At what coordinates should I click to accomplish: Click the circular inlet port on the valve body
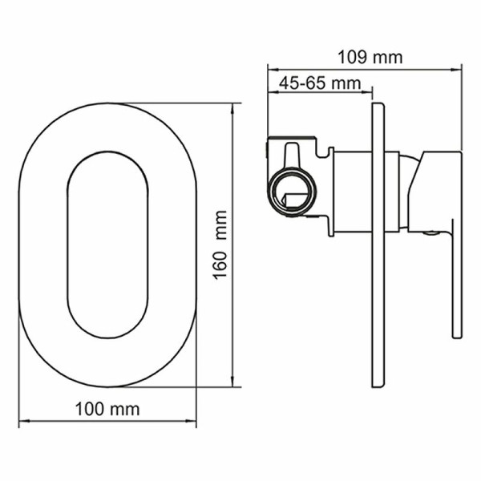tap(290, 193)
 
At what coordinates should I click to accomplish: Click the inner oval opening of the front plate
tap(107, 244)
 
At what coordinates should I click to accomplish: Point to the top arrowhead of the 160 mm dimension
tap(233, 106)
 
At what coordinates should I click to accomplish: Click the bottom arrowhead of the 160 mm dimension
tap(233, 383)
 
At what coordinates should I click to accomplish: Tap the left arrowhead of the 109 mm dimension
tap(270, 69)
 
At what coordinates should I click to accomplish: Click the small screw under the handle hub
tap(431, 234)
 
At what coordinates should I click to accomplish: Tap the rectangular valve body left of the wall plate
tap(353, 192)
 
